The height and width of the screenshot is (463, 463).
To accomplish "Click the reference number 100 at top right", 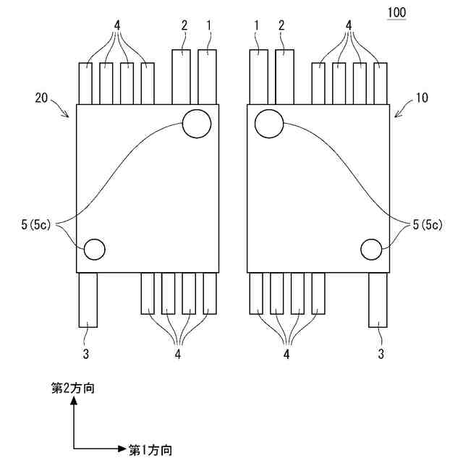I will click(396, 13).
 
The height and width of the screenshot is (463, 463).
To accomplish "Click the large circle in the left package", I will click(197, 124).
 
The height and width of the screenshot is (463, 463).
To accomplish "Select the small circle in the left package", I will click(95, 250).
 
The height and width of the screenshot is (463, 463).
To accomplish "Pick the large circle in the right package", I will click(269, 124).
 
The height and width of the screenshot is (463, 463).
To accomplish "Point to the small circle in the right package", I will click(371, 250).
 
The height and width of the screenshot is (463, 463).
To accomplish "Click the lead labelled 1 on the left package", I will click(208, 77).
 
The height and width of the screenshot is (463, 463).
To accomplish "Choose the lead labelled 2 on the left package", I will click(182, 77).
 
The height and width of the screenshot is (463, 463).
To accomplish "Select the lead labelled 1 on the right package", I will click(259, 77).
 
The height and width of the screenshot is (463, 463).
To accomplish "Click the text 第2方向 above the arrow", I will click(73, 388).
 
